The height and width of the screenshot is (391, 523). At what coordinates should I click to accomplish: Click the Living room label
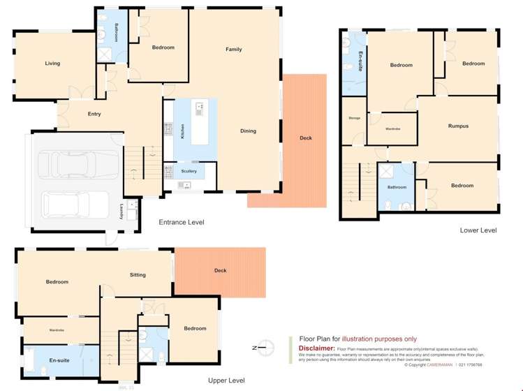(x=52, y=64)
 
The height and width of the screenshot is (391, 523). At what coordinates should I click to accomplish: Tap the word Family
(x=233, y=50)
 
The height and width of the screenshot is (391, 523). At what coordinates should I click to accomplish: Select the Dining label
(x=248, y=131)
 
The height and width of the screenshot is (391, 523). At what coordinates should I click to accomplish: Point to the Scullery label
(x=189, y=171)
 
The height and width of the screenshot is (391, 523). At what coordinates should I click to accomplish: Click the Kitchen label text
(x=183, y=131)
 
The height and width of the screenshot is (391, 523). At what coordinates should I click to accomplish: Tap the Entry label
(x=94, y=114)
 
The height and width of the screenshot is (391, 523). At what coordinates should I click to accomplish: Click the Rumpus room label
(x=458, y=126)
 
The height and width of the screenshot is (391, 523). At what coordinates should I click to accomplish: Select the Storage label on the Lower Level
(x=354, y=118)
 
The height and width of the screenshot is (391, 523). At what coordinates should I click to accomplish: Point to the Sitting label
(x=138, y=275)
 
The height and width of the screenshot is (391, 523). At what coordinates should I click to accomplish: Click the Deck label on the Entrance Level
(x=305, y=138)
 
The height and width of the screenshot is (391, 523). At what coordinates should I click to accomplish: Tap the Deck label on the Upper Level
(x=220, y=271)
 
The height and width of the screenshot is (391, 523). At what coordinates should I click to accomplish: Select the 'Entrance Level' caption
(x=181, y=222)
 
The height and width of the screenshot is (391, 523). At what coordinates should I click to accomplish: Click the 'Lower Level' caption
(x=478, y=230)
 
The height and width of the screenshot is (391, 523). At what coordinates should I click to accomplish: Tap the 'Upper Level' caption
(x=226, y=381)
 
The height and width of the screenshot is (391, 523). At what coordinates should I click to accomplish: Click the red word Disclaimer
(x=316, y=348)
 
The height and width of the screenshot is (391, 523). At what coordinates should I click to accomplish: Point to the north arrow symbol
(x=259, y=347)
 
